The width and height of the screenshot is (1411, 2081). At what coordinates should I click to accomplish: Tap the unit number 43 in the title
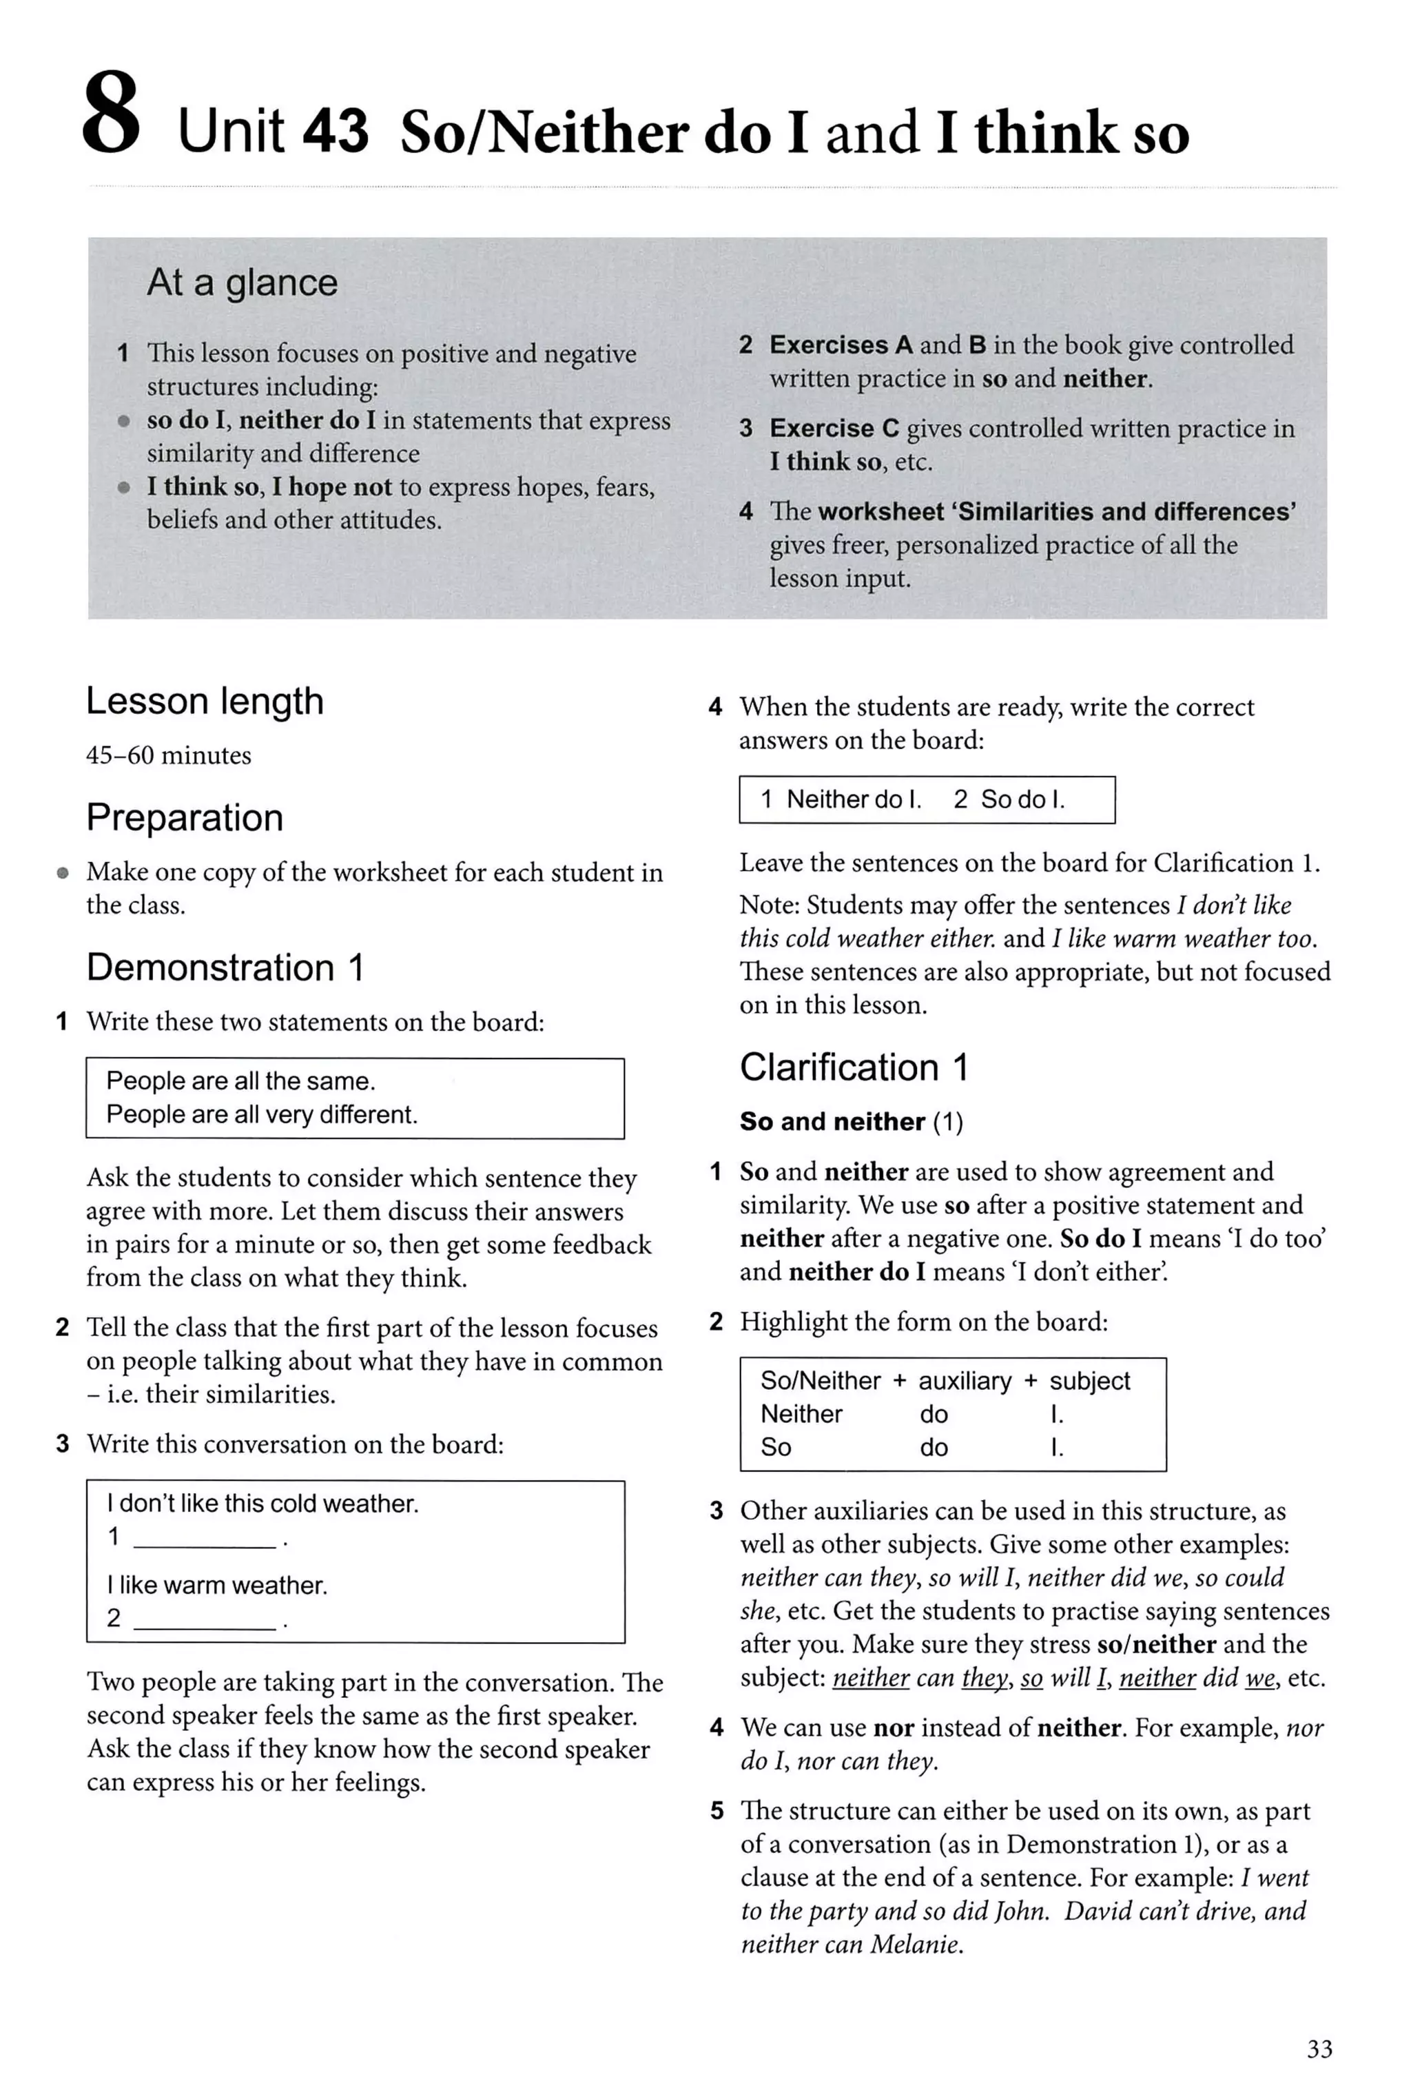[335, 131]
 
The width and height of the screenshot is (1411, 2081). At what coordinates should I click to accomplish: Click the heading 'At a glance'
[242, 283]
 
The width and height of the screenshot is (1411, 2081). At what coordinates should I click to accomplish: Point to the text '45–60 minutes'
[168, 756]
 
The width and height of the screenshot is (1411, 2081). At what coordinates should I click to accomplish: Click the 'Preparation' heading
[185, 817]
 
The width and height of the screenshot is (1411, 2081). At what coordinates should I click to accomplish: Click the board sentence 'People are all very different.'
[261, 1115]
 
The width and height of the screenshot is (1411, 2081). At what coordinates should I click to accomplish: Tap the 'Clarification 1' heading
[853, 1067]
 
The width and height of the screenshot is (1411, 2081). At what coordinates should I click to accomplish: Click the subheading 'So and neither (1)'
[851, 1122]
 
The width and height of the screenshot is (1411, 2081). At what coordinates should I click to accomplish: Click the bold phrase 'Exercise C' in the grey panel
[834, 428]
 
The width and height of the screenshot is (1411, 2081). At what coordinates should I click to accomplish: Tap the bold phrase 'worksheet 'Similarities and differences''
[1056, 511]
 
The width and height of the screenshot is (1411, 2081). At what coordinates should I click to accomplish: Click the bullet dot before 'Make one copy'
[62, 872]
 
